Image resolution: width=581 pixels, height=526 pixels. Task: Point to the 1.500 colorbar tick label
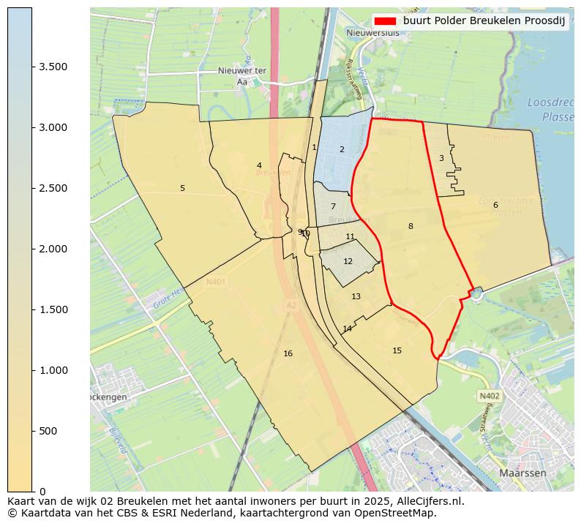(53, 309)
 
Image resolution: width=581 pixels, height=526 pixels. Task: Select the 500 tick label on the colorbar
(48, 431)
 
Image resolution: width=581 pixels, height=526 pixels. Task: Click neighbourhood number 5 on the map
(182, 188)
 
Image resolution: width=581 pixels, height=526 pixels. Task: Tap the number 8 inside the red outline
(411, 226)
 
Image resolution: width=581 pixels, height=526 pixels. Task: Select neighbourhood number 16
(288, 353)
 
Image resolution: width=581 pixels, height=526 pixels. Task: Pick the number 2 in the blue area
(341, 149)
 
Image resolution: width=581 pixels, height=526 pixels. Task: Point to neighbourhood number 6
(495, 205)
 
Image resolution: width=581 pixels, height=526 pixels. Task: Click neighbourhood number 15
(397, 350)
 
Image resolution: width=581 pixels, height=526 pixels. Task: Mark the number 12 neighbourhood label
(348, 261)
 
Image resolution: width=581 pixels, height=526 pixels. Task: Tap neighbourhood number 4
(259, 165)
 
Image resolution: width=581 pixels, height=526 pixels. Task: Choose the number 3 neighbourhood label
(441, 158)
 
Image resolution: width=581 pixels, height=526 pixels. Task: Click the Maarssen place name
(522, 473)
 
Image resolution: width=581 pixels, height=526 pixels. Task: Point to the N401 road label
(216, 282)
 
